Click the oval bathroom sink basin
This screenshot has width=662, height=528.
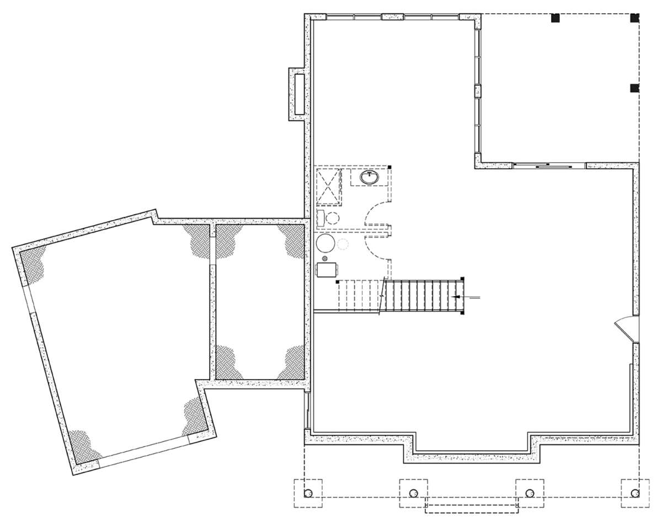(369, 177)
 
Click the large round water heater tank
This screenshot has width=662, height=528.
(325, 243)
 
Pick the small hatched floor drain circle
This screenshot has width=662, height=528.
(325, 258)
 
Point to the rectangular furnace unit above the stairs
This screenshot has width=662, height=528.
(327, 269)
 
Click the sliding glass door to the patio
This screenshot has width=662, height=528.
(549, 165)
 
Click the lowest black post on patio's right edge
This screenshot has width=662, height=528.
(634, 88)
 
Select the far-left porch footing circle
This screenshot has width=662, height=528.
(308, 493)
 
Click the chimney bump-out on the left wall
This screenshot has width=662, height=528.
(296, 94)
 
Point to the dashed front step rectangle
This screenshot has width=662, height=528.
(472, 508)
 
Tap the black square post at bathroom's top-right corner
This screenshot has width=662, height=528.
(389, 167)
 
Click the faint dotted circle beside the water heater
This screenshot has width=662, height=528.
(343, 244)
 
